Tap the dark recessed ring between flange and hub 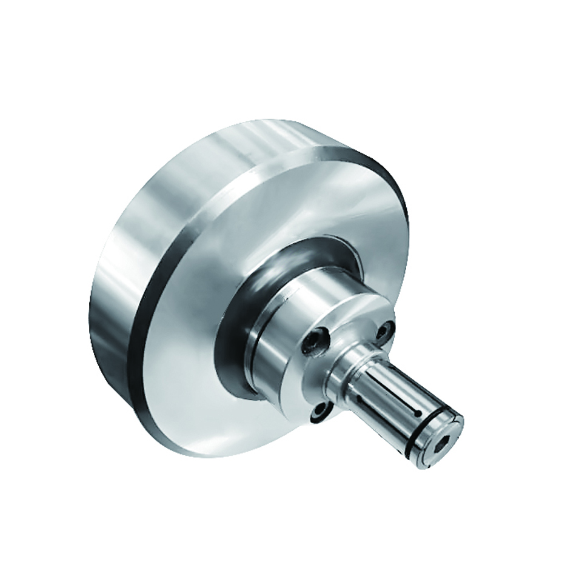pyautogui.click(x=233, y=339)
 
